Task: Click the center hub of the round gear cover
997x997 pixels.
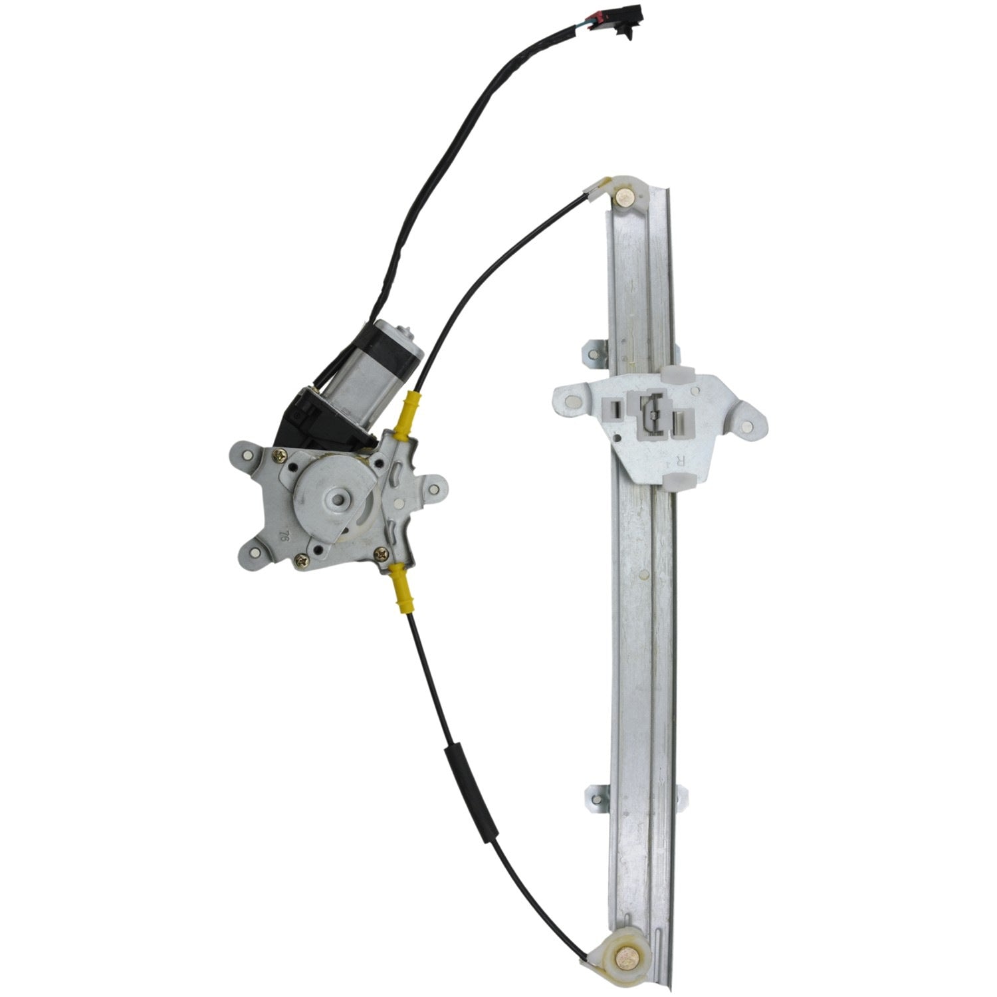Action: click(x=340, y=498)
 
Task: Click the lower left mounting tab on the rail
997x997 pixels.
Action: click(x=596, y=797)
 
